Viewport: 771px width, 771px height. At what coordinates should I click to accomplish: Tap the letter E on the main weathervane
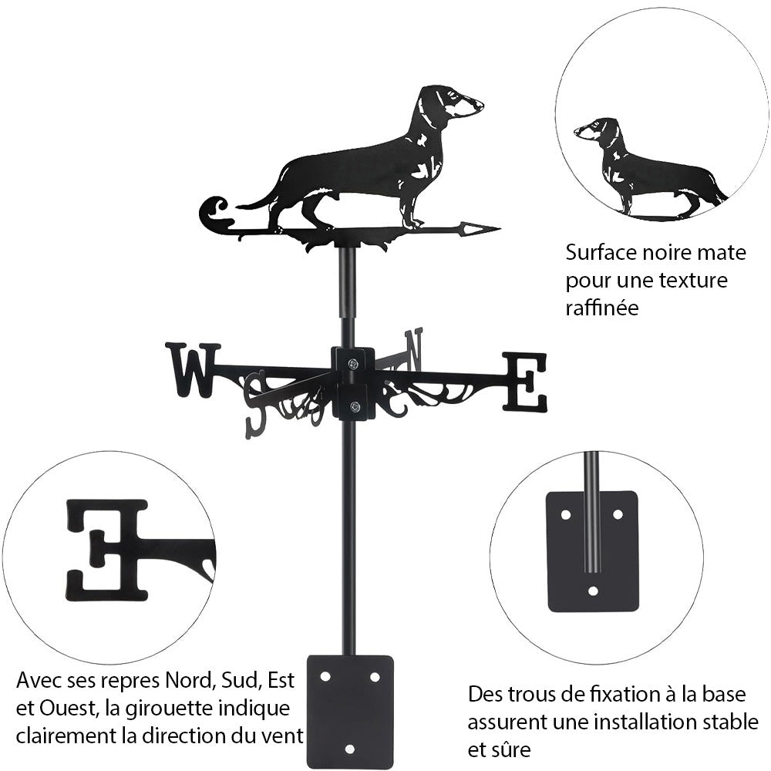tap(525, 382)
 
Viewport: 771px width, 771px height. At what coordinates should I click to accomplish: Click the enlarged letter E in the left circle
tap(108, 550)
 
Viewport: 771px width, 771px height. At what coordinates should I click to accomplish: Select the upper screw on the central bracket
tap(353, 364)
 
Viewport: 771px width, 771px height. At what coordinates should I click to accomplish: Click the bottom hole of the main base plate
tap(350, 749)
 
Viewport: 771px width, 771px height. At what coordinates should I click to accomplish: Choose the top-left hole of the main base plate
tap(325, 676)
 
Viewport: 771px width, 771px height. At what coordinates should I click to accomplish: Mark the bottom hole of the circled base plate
tap(592, 591)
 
